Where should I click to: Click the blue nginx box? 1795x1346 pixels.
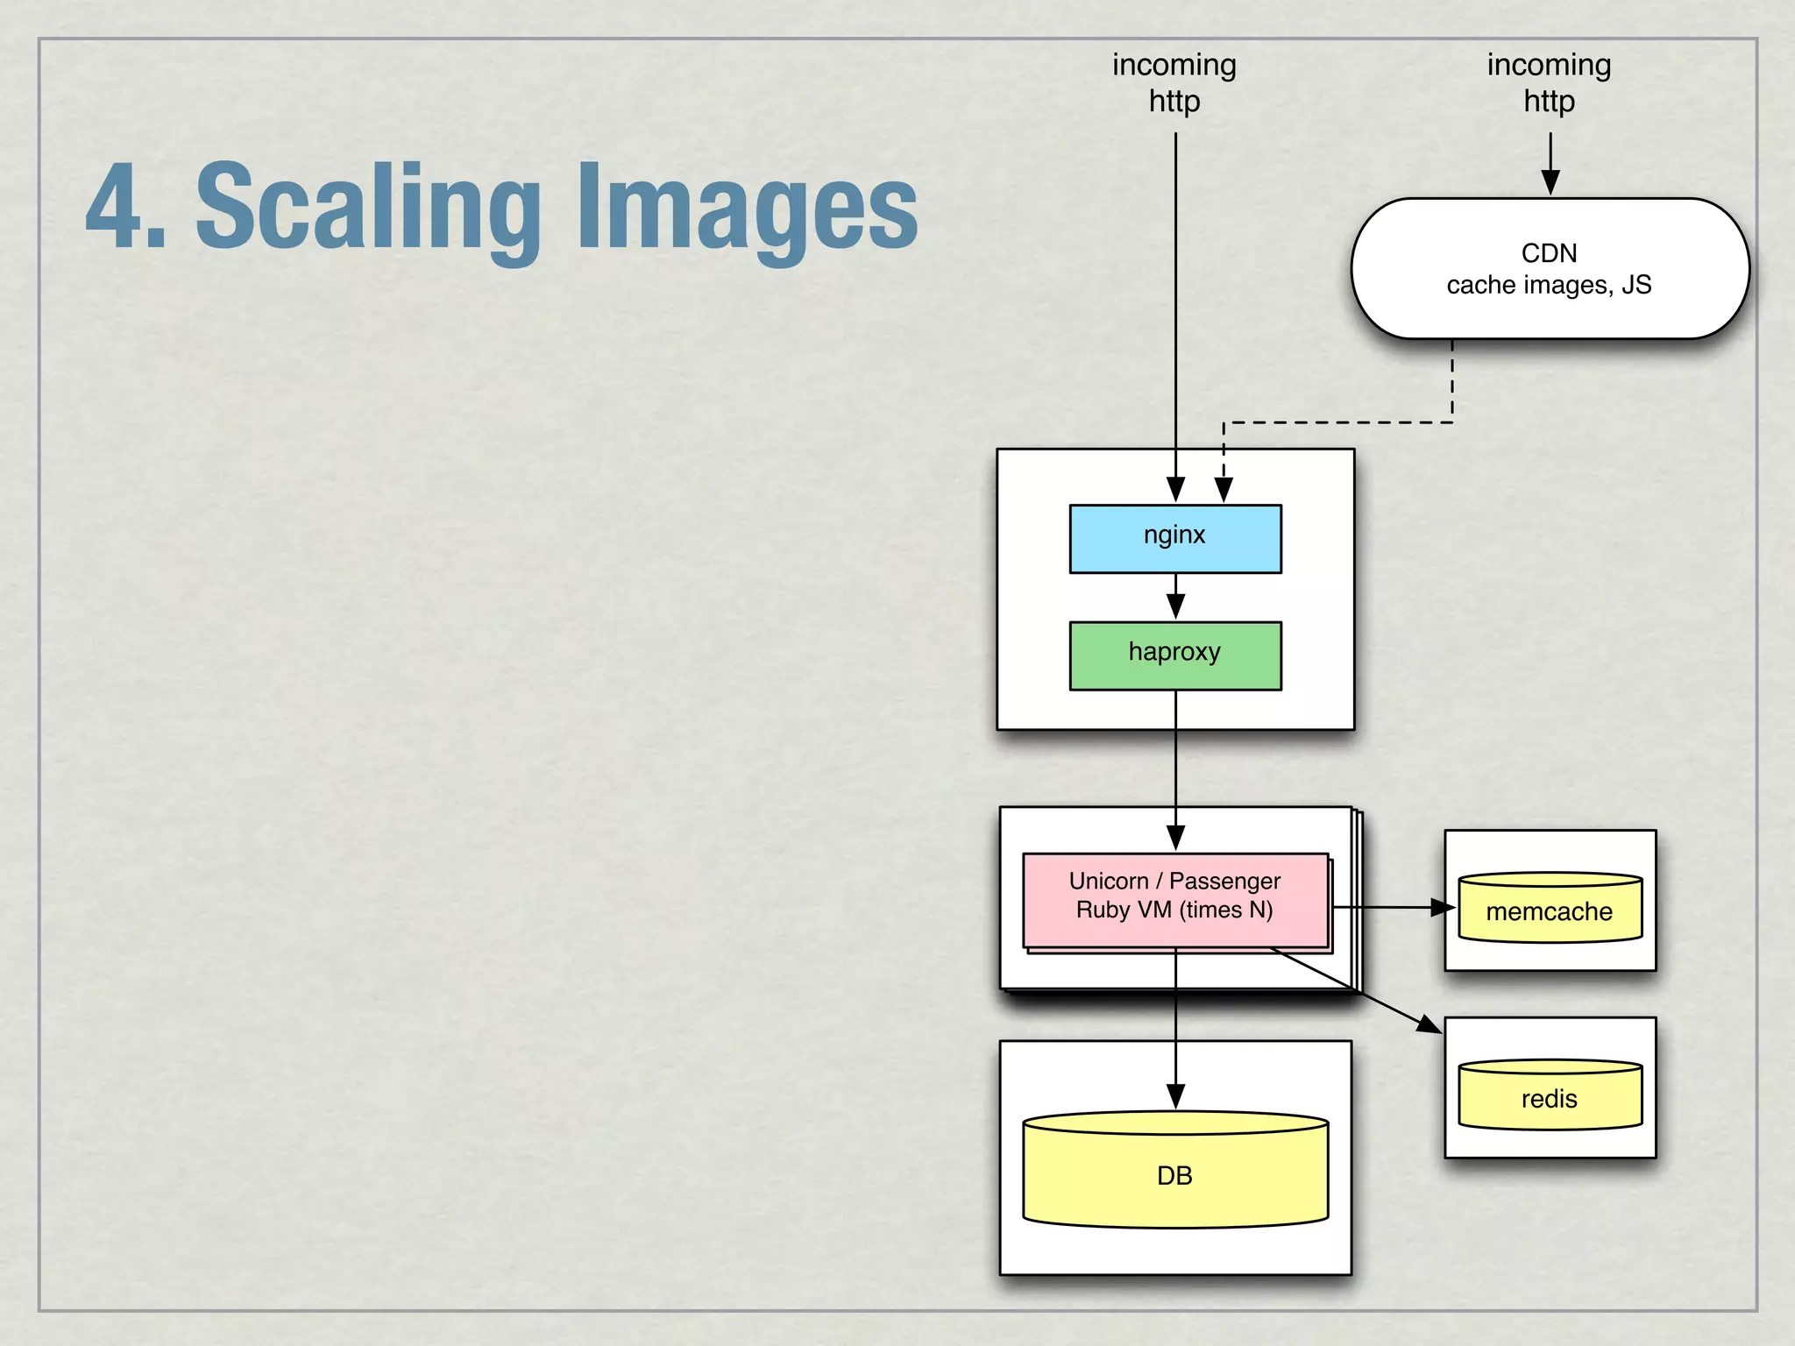pos(1174,539)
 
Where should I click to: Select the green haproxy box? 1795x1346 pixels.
pos(1174,655)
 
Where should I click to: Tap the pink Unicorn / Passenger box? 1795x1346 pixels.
pos(1174,899)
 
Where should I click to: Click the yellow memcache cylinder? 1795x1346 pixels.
pos(1550,909)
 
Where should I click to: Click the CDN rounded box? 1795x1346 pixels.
pos(1550,268)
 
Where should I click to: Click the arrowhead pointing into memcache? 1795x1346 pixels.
pos(1443,908)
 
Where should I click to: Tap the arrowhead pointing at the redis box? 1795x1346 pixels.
pos(1430,1024)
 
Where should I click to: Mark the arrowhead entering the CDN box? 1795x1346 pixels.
pos(1550,182)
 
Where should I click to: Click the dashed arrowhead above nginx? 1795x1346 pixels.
pos(1224,490)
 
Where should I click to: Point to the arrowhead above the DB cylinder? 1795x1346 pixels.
pos(1175,1096)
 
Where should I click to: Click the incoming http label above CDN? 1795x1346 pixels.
pos(1550,82)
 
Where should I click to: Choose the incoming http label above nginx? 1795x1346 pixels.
pos(1174,82)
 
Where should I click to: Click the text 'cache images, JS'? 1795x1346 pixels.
pos(1550,285)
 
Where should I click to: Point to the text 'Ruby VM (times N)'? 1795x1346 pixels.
pos(1174,910)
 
